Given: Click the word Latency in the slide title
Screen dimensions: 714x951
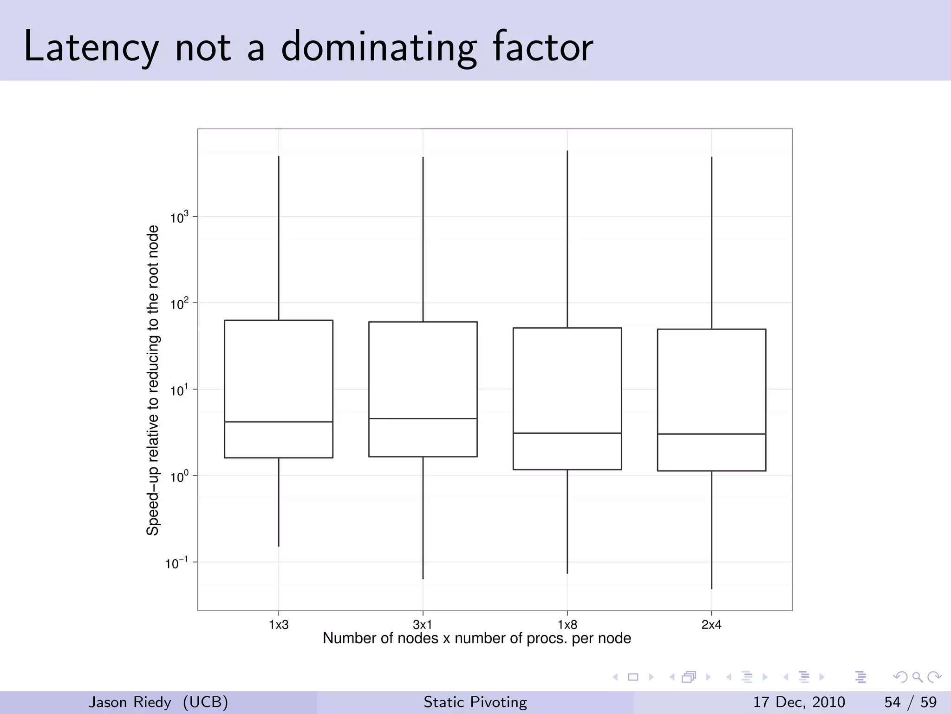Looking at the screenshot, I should (91, 46).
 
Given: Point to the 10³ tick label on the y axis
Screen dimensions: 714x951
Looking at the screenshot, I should (180, 217).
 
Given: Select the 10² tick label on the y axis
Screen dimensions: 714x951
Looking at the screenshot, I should (180, 304).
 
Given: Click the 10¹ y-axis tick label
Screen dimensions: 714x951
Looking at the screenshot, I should (180, 390).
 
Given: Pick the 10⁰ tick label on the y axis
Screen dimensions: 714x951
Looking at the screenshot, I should (180, 477).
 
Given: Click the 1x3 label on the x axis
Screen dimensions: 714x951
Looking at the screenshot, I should (279, 625).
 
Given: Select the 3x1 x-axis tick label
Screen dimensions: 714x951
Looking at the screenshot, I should (423, 625).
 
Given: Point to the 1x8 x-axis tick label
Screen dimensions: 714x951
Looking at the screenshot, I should (567, 625).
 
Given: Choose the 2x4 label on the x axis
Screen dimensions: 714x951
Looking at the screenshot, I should (711, 625).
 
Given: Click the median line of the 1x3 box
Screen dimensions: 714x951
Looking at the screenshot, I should (279, 422).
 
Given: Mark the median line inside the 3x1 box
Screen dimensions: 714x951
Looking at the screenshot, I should (423, 418).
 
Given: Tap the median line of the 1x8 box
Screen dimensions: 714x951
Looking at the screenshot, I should (567, 433).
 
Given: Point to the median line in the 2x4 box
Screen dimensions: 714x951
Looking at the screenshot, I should (711, 434).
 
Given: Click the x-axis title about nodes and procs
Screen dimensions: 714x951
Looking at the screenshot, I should (477, 638).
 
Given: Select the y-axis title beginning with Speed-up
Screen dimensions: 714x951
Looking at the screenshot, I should (153, 380).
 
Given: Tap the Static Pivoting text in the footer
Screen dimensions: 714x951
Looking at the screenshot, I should (475, 702).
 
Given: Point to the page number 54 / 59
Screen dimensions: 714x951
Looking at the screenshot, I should (910, 702).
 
